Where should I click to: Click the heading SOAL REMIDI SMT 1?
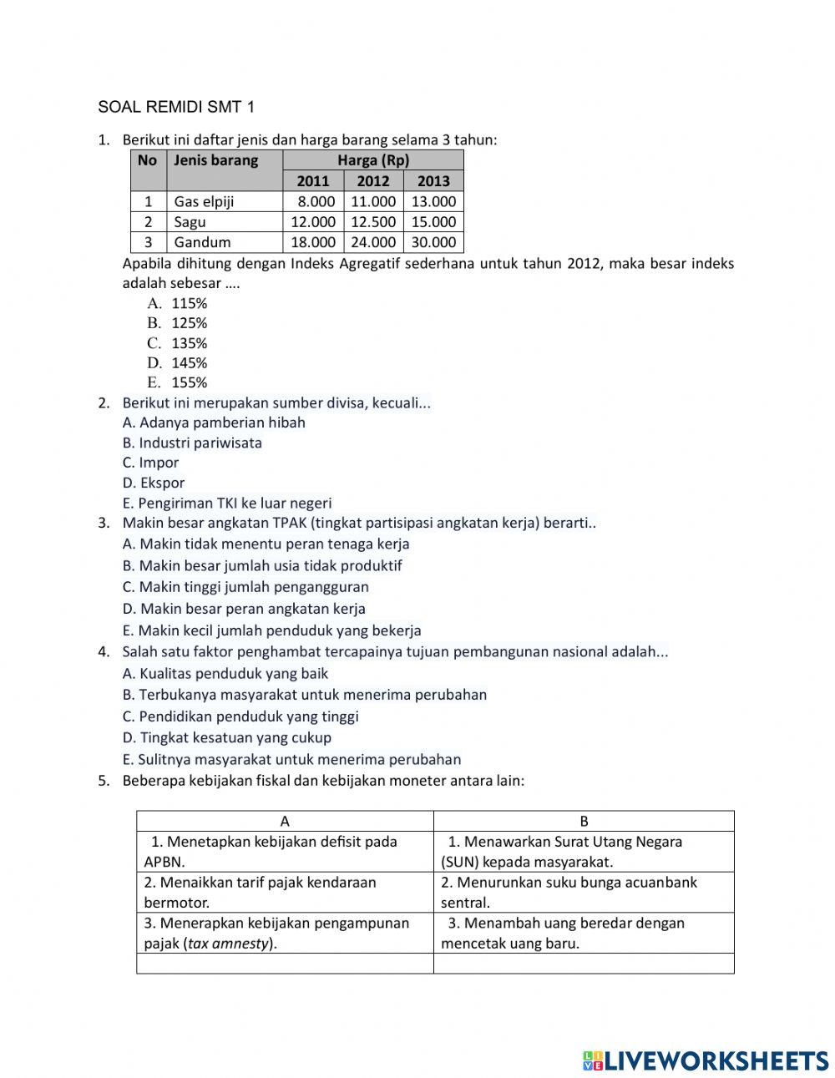pos(176,107)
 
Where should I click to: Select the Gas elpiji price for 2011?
pos(313,201)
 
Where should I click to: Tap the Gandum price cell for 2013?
pos(433,242)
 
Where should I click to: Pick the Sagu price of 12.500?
pos(373,222)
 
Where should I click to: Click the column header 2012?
pos(373,181)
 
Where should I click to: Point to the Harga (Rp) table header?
pos(373,160)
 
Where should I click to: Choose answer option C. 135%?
pos(177,343)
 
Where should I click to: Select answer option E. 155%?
pos(177,383)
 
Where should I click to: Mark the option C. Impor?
pos(150,463)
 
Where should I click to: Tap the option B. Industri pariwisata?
pos(192,443)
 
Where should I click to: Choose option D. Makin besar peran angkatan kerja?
pos(244,609)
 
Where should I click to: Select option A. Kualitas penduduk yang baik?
pos(225,673)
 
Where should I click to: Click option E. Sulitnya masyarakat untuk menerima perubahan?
pos(291,759)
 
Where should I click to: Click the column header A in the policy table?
pos(285,821)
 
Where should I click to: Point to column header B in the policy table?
pos(584,821)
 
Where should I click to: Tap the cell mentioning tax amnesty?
pos(285,933)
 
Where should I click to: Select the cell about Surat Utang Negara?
pos(584,852)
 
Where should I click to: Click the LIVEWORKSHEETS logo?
pos(705,1060)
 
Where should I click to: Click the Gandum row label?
pos(202,242)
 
